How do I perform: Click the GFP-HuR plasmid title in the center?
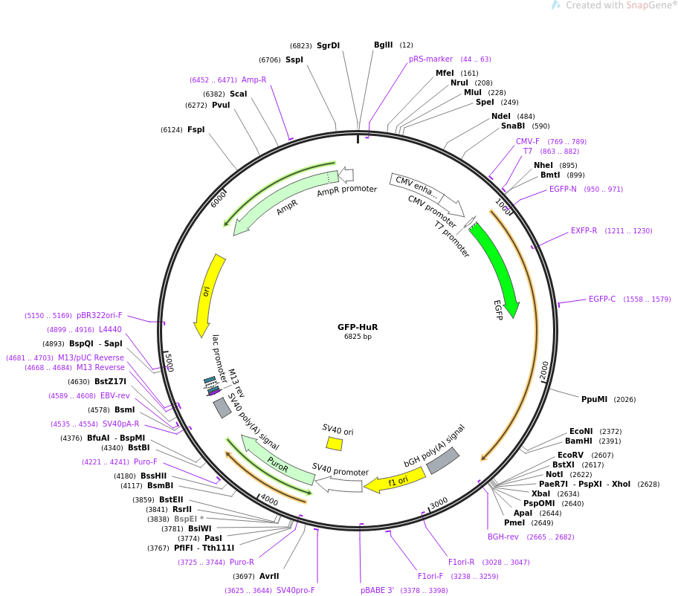click(358, 327)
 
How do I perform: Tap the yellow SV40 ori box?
click(335, 444)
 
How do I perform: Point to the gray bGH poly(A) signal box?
click(443, 460)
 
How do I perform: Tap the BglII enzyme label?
click(383, 45)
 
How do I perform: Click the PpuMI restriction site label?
click(594, 399)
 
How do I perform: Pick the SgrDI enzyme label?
click(328, 46)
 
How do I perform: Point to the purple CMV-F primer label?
click(528, 141)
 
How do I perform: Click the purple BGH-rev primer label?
click(503, 537)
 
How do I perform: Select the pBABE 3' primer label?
click(377, 590)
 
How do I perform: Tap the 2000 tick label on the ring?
click(544, 370)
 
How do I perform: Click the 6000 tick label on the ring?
click(219, 199)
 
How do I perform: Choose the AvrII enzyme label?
click(269, 576)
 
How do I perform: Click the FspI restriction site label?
click(196, 129)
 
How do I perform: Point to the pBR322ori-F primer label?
click(100, 316)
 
